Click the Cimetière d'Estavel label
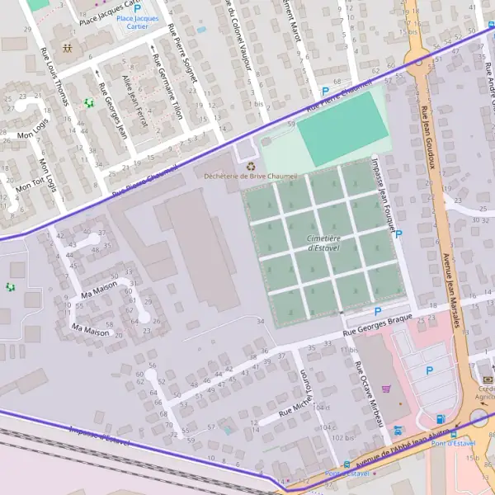coord(324,243)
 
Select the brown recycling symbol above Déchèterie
coord(250,165)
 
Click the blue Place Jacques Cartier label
coord(137,21)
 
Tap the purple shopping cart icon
coord(385,389)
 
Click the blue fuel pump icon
coord(440,419)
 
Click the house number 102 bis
coord(343,437)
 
